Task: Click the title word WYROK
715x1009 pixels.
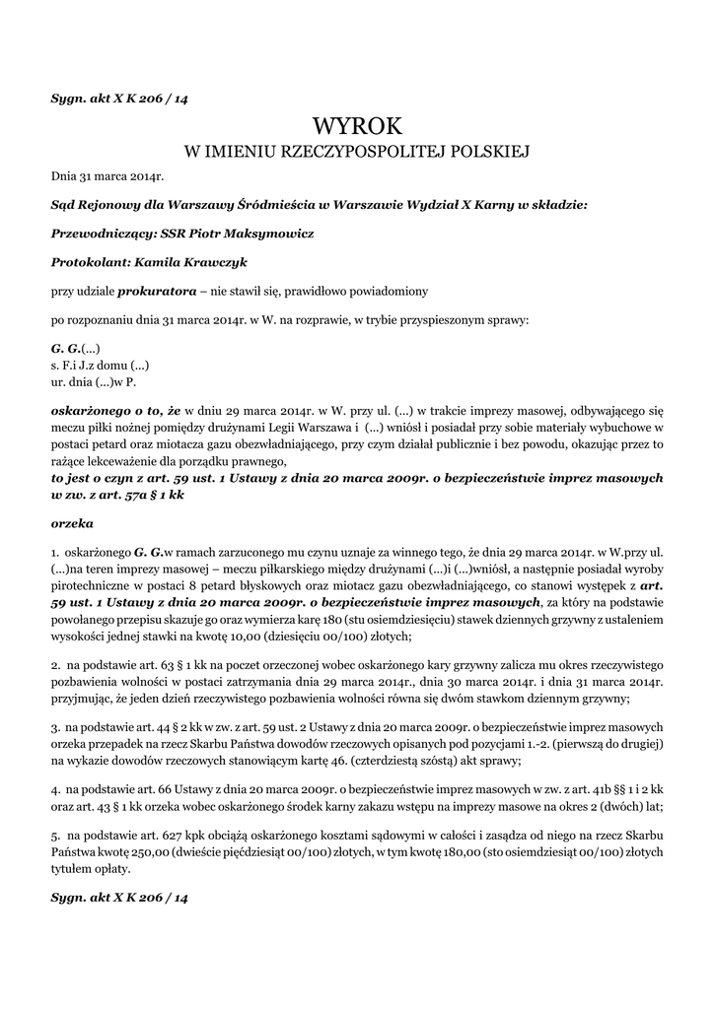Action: click(357, 126)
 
